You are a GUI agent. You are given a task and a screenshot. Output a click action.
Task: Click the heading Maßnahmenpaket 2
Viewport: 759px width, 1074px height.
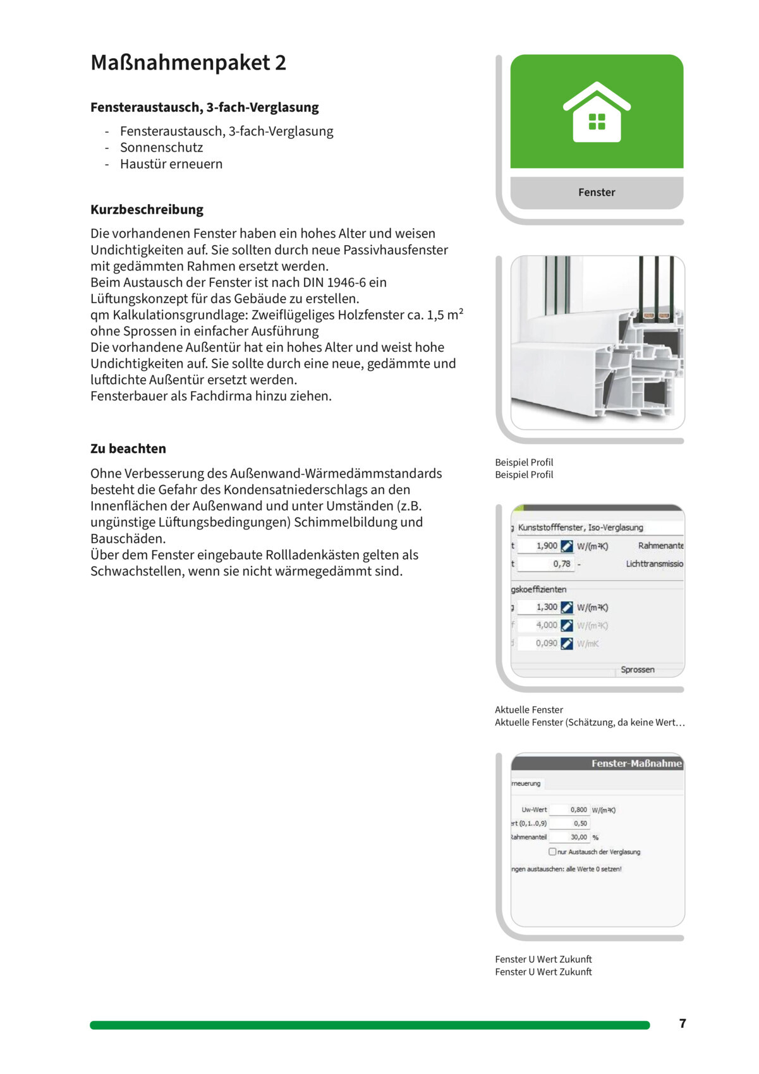188,63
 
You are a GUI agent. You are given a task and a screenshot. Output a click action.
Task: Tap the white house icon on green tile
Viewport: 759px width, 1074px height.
597,112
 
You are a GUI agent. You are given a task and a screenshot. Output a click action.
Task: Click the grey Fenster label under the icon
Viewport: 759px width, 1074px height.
597,192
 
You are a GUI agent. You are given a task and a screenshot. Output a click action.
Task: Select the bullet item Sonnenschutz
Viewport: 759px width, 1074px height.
162,147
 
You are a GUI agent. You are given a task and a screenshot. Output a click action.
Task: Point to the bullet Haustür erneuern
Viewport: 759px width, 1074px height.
171,164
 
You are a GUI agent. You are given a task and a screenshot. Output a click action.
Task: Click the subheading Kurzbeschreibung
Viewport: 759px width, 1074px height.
147,209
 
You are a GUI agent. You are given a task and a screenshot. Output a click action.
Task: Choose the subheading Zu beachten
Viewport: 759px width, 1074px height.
128,449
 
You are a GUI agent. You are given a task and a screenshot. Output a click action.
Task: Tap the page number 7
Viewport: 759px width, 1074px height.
683,1023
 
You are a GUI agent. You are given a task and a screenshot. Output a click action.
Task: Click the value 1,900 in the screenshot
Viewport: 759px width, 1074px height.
547,546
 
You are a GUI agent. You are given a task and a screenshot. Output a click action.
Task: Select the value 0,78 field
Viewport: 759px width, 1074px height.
561,564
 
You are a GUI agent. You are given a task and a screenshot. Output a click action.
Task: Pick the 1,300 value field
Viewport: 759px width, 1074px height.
547,607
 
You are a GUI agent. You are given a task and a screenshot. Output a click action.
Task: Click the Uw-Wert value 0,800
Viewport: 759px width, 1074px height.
578,809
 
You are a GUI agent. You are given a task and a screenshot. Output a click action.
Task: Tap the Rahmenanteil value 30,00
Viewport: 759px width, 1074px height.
578,837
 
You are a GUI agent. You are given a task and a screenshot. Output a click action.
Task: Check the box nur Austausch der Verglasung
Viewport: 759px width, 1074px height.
552,852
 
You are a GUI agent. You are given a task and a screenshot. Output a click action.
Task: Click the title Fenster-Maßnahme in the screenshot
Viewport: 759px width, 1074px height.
636,763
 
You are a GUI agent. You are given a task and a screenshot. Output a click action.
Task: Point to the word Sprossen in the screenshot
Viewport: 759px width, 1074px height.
637,670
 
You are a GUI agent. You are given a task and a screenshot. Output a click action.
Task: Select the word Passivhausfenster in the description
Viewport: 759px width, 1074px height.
396,250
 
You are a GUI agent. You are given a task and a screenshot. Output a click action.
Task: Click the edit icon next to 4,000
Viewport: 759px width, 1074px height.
567,625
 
